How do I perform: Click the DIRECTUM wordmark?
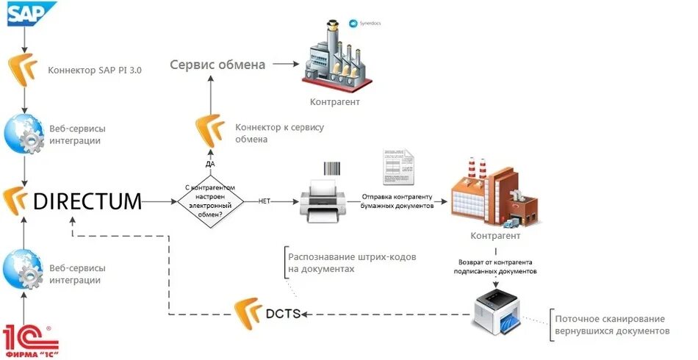(87, 201)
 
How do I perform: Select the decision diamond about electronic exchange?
(211, 201)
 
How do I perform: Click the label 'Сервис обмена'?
(217, 65)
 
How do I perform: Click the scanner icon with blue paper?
(498, 312)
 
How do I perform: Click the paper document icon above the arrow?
(397, 167)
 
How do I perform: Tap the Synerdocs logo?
(364, 24)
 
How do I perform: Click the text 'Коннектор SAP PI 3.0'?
(95, 71)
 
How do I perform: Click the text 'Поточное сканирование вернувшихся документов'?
(611, 325)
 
